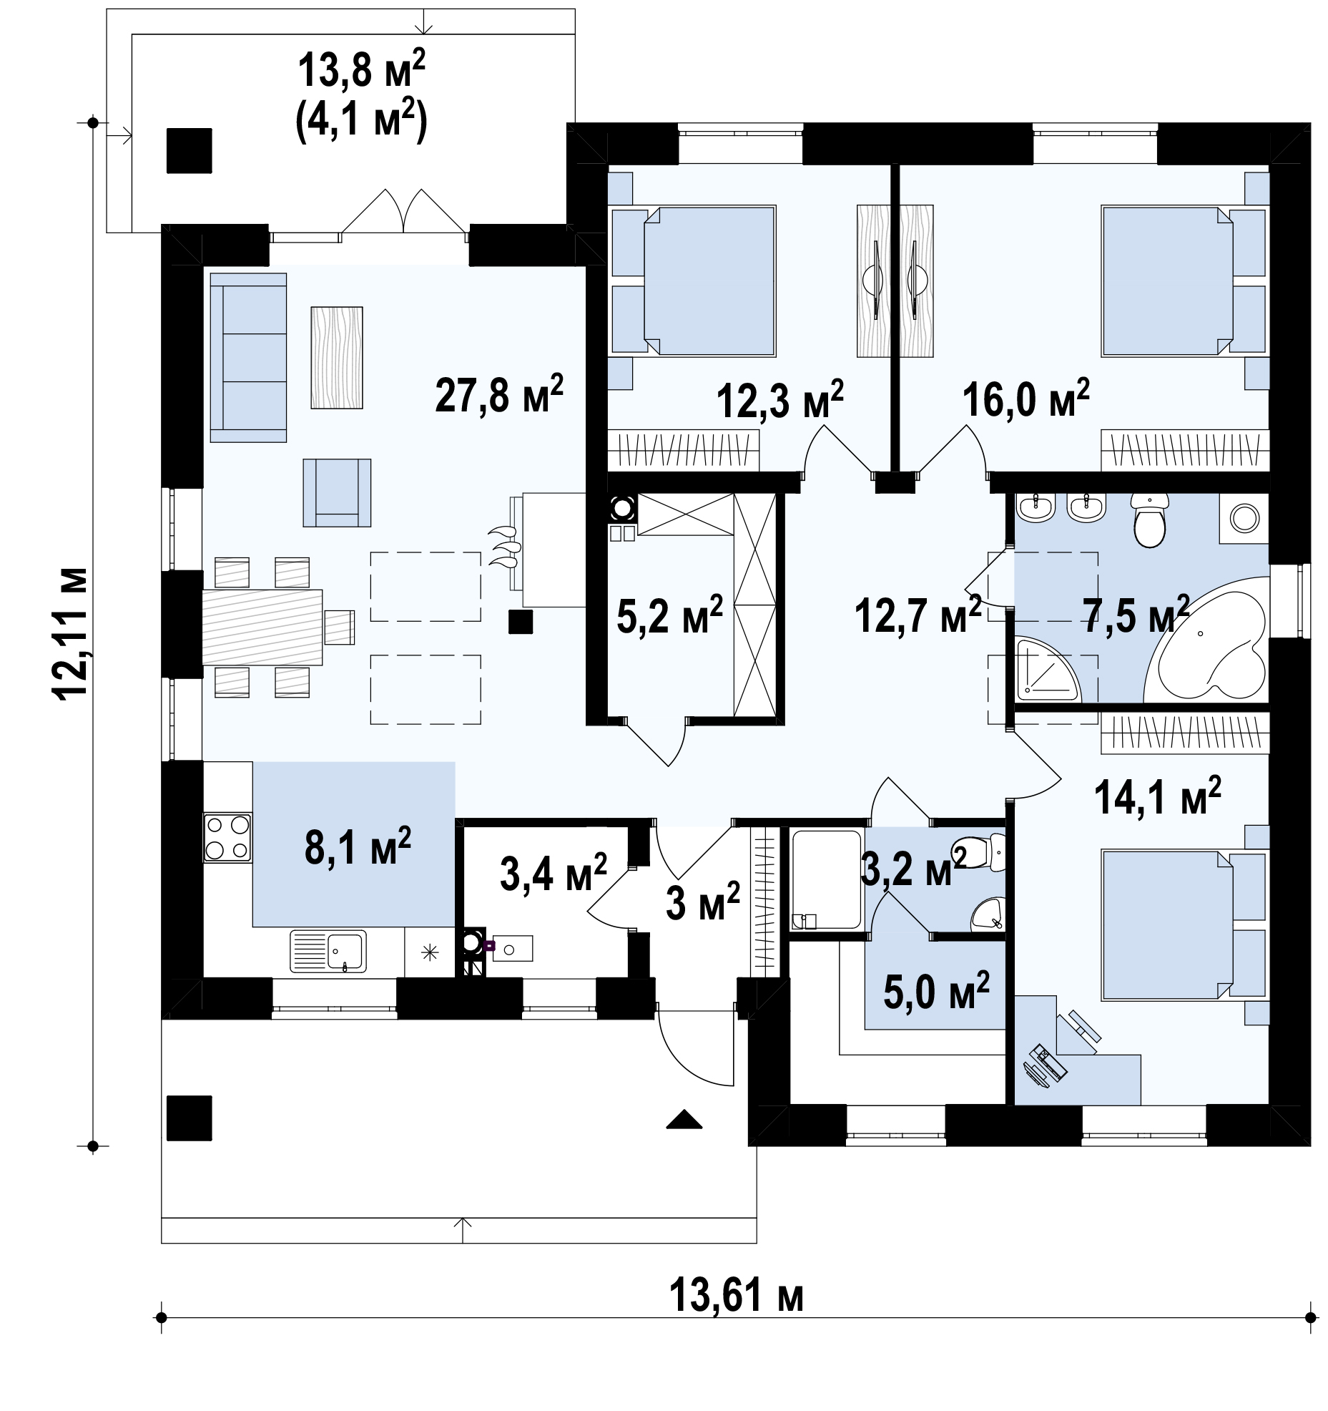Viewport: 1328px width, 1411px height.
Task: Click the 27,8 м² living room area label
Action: point(499,394)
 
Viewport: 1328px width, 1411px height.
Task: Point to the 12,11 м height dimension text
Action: point(71,634)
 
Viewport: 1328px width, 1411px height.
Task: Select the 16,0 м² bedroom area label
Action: point(1025,399)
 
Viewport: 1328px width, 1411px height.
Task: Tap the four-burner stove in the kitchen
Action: point(227,837)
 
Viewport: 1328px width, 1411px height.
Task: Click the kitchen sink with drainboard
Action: point(328,951)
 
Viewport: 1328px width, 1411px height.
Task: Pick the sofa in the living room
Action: point(248,357)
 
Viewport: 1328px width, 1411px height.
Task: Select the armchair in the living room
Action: point(337,492)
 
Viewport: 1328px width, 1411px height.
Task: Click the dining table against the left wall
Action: point(262,627)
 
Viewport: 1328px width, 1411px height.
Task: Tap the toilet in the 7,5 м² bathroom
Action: point(1150,519)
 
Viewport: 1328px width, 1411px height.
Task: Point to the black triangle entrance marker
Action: point(684,1118)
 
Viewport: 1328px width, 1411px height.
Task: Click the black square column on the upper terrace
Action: point(190,150)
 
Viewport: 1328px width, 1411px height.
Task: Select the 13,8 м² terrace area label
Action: point(361,72)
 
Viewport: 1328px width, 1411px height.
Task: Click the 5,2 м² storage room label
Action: point(669,615)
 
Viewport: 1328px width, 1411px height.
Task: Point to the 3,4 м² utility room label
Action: point(554,873)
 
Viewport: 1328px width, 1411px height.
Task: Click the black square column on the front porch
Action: point(190,1118)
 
